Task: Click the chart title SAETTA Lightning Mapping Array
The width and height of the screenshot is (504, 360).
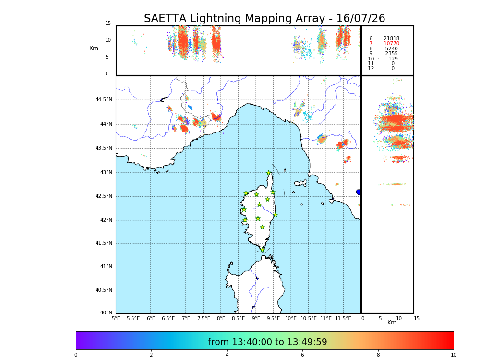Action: [x=264, y=19]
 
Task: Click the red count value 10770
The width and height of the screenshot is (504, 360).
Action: [x=391, y=44]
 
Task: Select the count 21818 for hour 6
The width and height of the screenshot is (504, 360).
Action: [x=391, y=38]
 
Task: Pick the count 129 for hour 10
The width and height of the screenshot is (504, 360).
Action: [x=393, y=59]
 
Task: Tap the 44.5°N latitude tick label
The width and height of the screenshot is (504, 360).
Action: [x=104, y=100]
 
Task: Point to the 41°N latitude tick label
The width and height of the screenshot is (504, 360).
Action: [x=105, y=266]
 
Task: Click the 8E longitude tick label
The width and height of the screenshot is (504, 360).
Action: [x=221, y=318]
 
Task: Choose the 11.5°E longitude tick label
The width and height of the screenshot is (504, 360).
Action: [x=343, y=318]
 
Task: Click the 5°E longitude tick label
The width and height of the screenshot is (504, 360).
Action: [x=116, y=318]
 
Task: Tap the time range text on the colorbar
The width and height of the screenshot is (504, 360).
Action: [x=267, y=342]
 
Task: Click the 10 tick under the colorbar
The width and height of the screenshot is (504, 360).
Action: [x=453, y=355]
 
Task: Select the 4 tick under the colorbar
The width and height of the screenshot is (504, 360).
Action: [x=227, y=355]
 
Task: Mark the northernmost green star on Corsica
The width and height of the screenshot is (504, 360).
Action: [x=268, y=173]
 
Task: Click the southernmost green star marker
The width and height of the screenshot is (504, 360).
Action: [x=263, y=250]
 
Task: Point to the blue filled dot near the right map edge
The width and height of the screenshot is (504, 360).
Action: [x=359, y=192]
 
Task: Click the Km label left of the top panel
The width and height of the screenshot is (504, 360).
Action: [x=94, y=48]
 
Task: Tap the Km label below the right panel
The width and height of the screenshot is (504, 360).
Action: [x=392, y=323]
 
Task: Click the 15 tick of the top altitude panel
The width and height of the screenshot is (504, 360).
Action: [x=108, y=24]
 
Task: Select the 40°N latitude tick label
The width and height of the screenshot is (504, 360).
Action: [x=106, y=313]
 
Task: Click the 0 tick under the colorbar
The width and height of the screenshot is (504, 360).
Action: [x=76, y=355]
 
